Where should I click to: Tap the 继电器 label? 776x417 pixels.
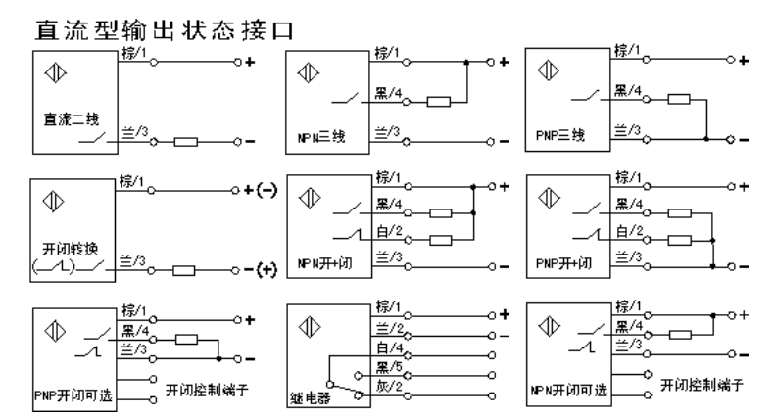point(311,397)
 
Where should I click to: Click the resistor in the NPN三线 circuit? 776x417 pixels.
point(438,100)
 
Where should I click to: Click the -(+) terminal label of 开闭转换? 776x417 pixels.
point(261,270)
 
